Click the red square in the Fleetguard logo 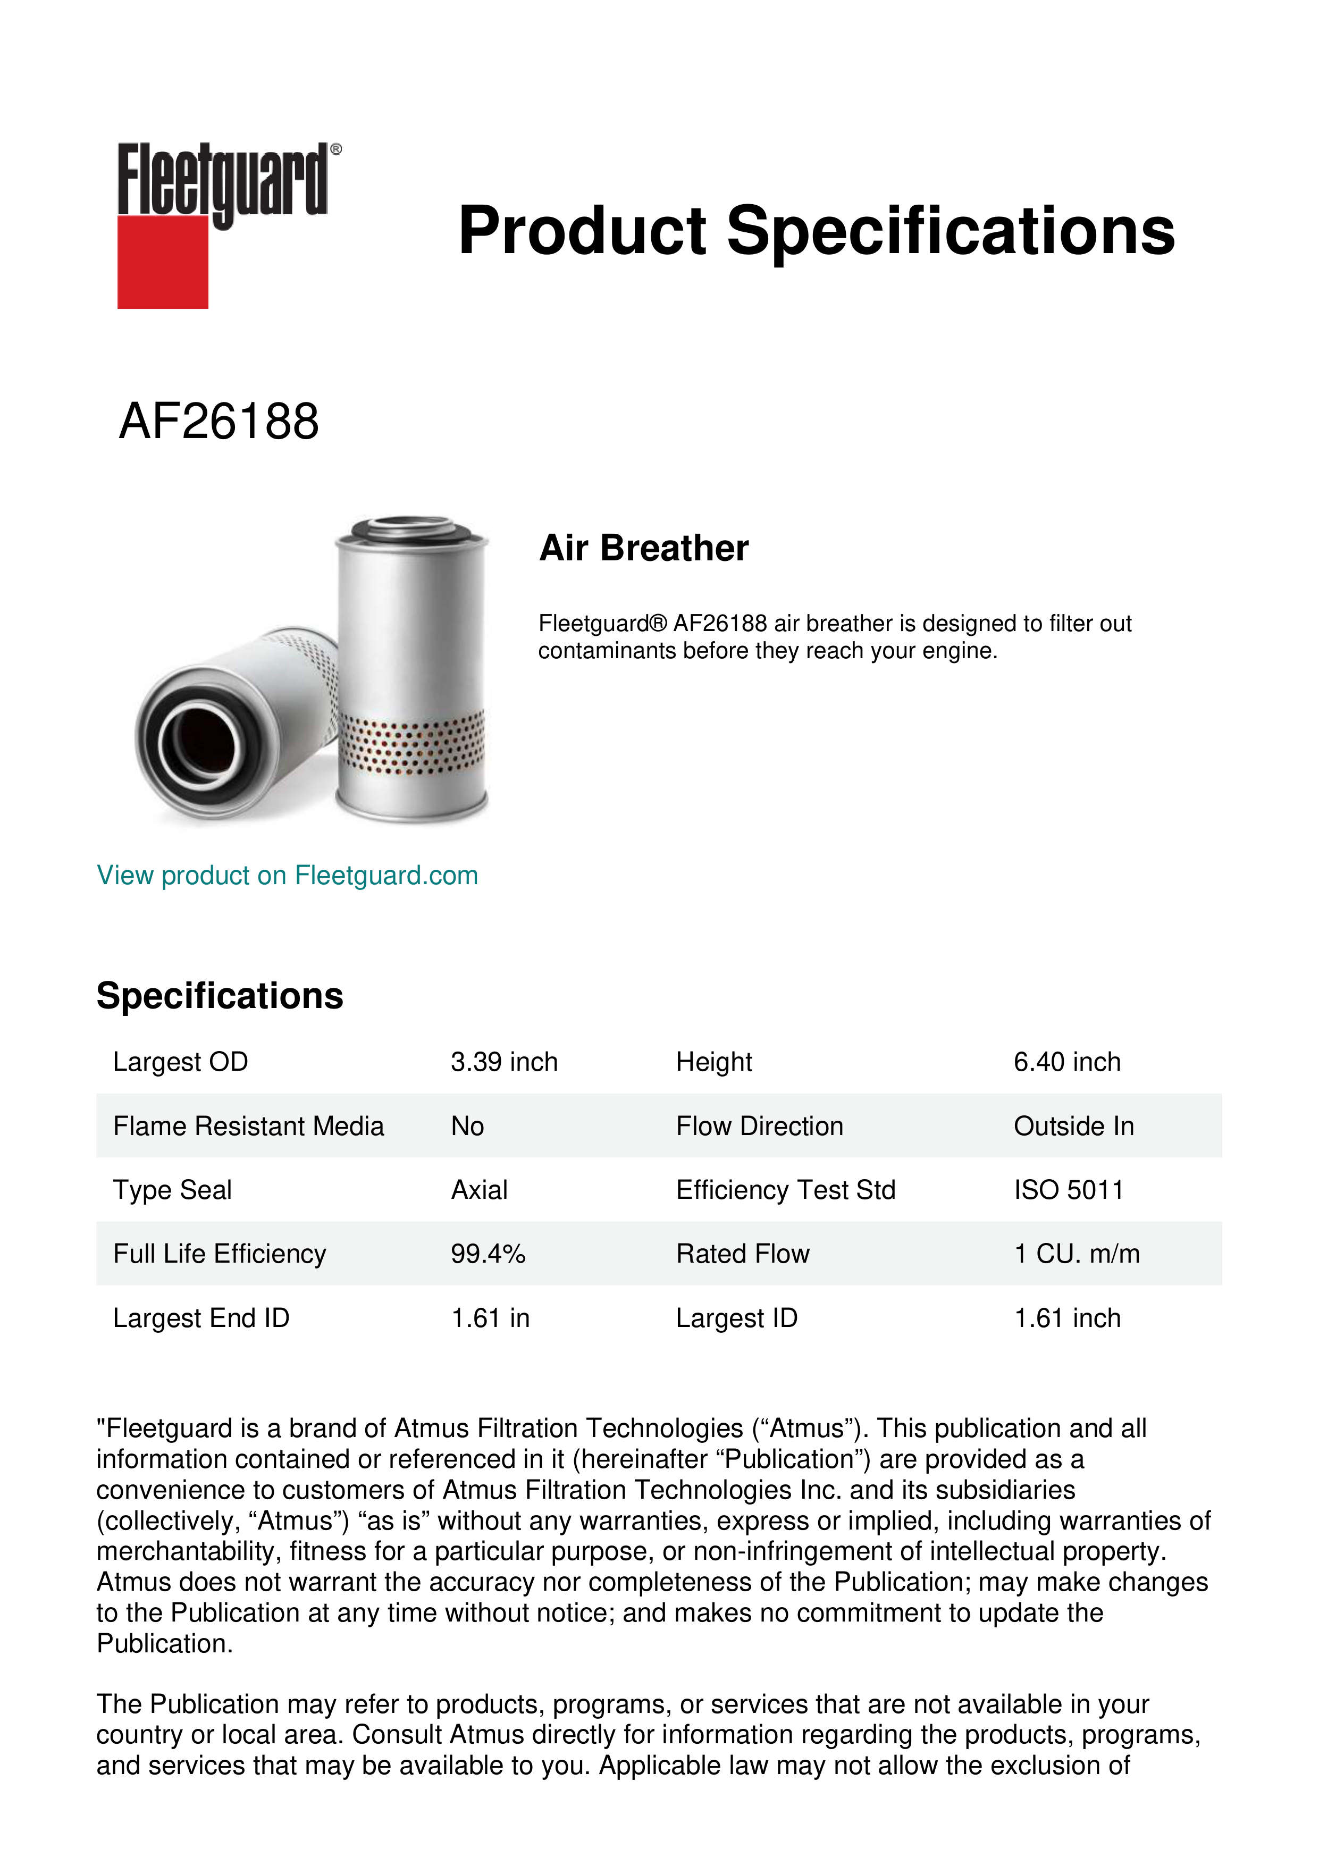pyautogui.click(x=163, y=262)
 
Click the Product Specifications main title pyautogui.click(x=816, y=231)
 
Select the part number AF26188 pyautogui.click(x=219, y=422)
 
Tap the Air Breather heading pyautogui.click(x=643, y=548)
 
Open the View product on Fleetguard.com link pyautogui.click(x=287, y=876)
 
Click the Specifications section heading pyautogui.click(x=219, y=996)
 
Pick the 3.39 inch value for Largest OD pyautogui.click(x=503, y=1062)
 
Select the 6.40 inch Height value pyautogui.click(x=1066, y=1062)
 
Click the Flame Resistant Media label pyautogui.click(x=248, y=1127)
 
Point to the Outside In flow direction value pyautogui.click(x=1073, y=1127)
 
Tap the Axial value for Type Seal pyautogui.click(x=479, y=1191)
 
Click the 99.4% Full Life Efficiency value pyautogui.click(x=488, y=1254)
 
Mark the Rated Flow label pyautogui.click(x=742, y=1254)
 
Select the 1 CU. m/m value pyautogui.click(x=1076, y=1254)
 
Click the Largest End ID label pyautogui.click(x=200, y=1318)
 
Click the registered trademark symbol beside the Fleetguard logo pyautogui.click(x=336, y=149)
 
